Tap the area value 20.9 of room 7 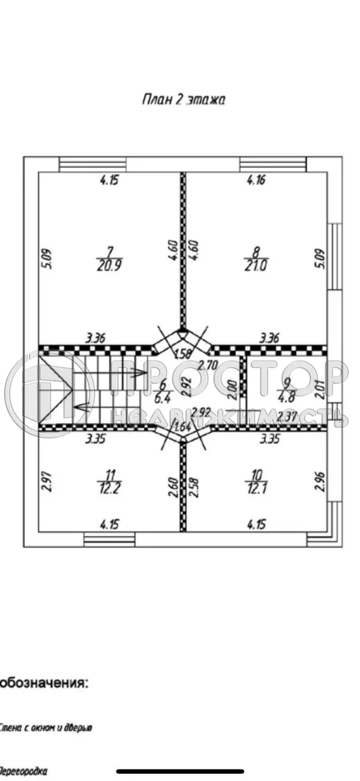coord(110,265)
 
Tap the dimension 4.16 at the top coord(256,180)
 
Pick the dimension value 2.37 coord(286,417)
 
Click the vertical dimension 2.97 coord(45,481)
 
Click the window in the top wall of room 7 coord(93,165)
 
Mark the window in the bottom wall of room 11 coord(109,539)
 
